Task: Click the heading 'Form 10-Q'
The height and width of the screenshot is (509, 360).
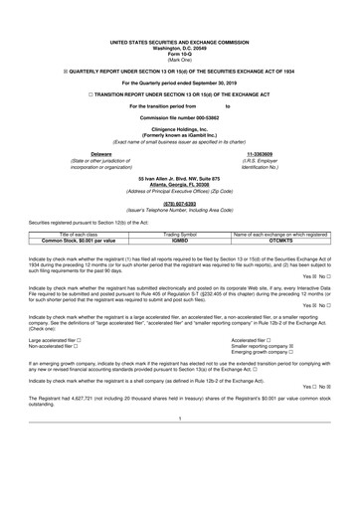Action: (180, 54)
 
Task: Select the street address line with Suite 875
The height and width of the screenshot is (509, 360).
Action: (180, 175)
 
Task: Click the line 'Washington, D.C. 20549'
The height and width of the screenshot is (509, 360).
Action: (180, 48)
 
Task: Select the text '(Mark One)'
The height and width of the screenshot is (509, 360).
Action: (180, 60)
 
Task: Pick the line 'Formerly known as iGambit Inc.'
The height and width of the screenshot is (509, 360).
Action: (180, 139)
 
